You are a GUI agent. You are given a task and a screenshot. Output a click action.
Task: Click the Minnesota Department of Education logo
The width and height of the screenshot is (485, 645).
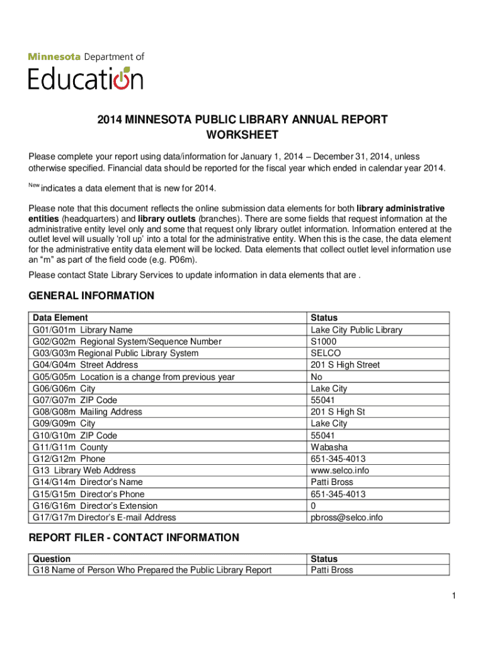(x=86, y=71)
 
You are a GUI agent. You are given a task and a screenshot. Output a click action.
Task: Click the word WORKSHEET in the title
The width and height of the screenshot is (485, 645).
(x=243, y=135)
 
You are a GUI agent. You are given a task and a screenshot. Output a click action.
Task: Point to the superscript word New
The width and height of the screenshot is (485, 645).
(x=34, y=185)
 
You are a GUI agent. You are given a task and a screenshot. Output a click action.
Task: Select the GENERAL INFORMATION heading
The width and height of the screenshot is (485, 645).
(x=91, y=296)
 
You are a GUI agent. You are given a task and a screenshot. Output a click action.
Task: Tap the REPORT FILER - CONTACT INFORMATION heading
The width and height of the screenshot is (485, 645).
(x=134, y=538)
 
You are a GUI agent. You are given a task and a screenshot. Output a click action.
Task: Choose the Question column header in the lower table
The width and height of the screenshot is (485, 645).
(x=52, y=559)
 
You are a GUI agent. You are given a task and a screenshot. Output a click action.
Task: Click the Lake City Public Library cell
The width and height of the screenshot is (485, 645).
(x=356, y=330)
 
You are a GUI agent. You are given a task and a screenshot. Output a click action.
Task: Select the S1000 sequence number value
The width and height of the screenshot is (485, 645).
(x=324, y=341)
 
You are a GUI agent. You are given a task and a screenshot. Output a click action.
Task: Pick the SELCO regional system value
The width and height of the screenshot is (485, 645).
(x=326, y=353)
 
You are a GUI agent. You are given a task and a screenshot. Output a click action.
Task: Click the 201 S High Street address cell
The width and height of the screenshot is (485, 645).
(x=345, y=365)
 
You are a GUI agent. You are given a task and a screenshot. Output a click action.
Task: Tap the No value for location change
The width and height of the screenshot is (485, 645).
(x=317, y=377)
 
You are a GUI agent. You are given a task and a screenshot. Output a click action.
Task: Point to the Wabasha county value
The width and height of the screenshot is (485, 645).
(x=329, y=447)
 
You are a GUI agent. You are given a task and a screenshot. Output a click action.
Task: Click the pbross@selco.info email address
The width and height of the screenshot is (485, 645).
(x=346, y=518)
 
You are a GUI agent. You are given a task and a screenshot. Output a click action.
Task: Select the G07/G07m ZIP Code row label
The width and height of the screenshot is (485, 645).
(x=75, y=400)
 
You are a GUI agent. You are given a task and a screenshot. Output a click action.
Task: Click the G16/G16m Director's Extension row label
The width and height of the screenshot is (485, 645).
(x=95, y=506)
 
